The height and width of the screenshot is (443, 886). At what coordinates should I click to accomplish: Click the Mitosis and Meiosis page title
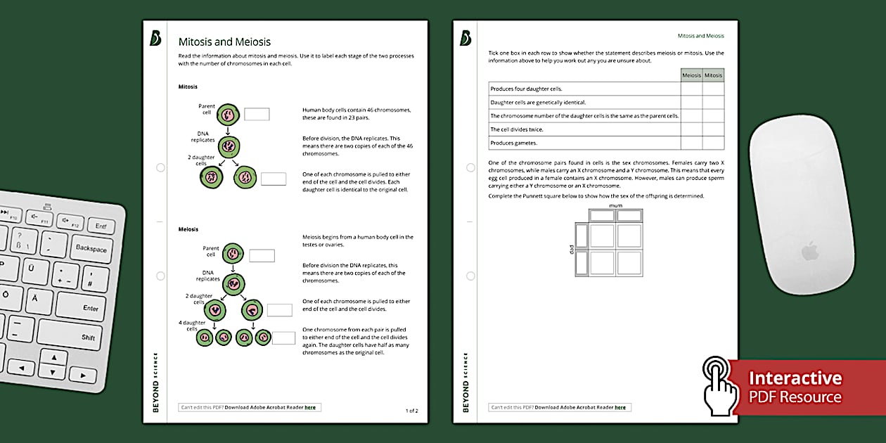(224, 42)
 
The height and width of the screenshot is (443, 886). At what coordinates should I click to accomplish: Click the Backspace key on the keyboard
(91, 248)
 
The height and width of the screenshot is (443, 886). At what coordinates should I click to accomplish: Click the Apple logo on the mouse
(811, 251)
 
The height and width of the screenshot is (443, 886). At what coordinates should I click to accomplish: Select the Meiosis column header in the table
(691, 75)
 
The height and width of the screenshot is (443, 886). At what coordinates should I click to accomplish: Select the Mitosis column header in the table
(713, 75)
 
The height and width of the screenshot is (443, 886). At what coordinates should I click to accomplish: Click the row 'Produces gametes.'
(584, 143)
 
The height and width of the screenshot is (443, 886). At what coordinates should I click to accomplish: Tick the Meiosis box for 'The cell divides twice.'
(691, 129)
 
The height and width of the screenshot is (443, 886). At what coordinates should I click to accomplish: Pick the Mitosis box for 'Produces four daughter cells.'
(713, 89)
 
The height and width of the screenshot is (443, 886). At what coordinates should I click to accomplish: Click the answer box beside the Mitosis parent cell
(257, 114)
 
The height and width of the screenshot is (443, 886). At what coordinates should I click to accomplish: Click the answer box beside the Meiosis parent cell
(262, 256)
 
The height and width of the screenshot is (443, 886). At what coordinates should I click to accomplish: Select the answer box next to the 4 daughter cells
(283, 338)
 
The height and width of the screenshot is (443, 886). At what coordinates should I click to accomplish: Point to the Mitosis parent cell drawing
(228, 115)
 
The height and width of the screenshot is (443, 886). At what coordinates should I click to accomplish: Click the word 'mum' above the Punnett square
(616, 206)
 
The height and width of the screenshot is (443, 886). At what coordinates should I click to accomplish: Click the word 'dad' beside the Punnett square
(571, 249)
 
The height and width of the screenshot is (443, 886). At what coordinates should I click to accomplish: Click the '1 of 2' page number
(411, 411)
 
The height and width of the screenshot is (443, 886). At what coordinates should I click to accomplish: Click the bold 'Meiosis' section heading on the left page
(188, 229)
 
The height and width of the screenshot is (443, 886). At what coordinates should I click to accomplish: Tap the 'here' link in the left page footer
(310, 407)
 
